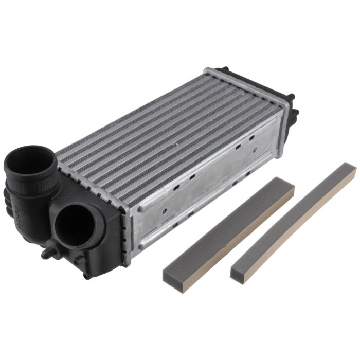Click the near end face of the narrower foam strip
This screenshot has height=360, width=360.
point(238,275)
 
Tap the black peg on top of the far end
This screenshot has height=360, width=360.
point(224,69)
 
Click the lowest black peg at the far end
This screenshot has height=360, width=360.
point(295,113)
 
